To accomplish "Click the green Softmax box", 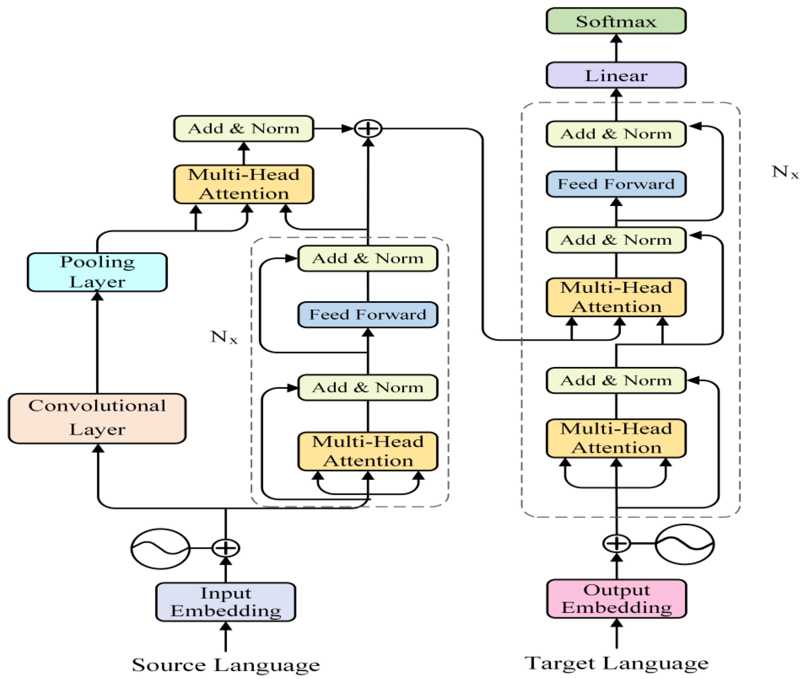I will coord(615,21).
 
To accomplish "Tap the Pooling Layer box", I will coord(97,272).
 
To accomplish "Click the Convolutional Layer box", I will coord(97,418).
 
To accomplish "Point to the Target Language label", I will coord(616,663).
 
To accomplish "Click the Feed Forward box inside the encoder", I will coord(368,314).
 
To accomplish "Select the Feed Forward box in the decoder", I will coord(615,184).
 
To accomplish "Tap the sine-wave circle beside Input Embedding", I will coord(160,548).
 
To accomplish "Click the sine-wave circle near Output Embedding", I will coord(684,544).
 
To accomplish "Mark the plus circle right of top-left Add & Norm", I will coord(368,129).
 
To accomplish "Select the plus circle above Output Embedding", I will coord(616,543).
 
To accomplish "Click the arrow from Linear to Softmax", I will coord(616,48).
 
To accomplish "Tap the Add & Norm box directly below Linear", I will coord(615,134).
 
